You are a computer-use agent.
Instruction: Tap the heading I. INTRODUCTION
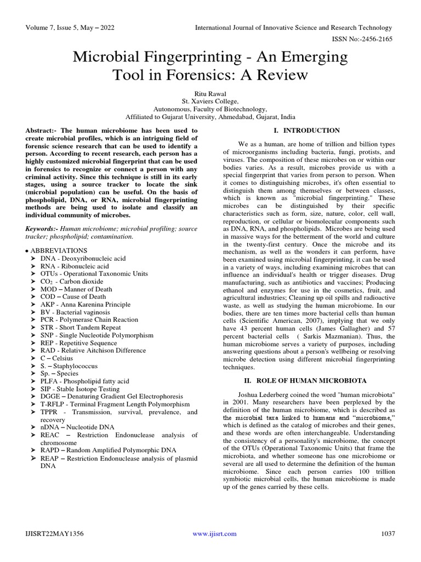(x=306, y=131)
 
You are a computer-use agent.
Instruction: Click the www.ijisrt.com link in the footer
(x=214, y=533)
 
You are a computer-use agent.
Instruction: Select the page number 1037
(x=386, y=533)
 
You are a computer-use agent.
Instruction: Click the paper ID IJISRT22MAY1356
(x=54, y=533)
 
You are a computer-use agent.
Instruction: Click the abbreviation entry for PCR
(x=88, y=319)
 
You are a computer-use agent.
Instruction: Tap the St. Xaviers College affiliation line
(x=210, y=102)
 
